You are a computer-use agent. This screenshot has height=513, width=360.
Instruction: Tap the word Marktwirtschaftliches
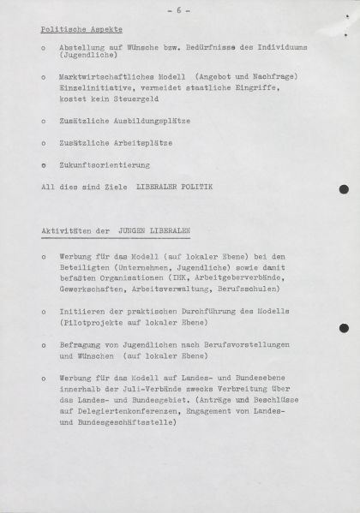(107, 78)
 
